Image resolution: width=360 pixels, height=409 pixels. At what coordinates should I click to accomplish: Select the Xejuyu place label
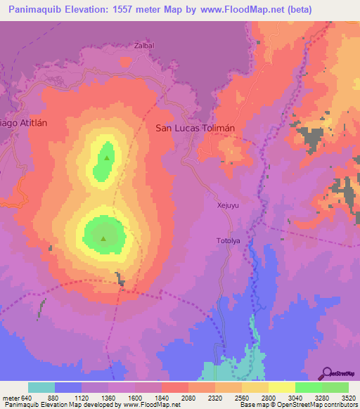point(229,206)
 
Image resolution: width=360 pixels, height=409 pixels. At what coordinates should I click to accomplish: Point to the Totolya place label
point(228,241)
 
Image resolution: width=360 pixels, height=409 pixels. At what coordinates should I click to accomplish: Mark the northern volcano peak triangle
point(107,158)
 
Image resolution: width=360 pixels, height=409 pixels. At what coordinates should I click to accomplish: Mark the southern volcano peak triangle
point(104,239)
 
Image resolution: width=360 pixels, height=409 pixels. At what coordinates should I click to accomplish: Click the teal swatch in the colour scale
point(41,387)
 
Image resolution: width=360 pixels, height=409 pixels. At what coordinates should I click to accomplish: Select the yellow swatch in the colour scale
point(282,387)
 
